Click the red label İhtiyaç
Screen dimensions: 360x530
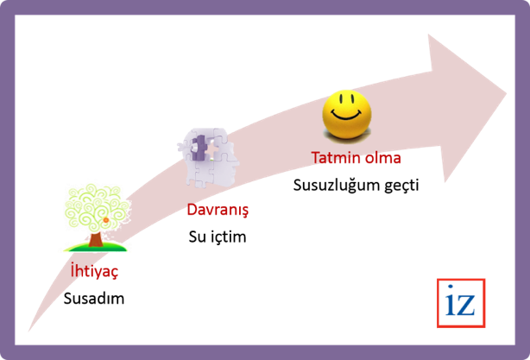94,270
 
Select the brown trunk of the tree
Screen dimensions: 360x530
96,237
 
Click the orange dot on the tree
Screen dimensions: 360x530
105,220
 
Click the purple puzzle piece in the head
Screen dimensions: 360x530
200,148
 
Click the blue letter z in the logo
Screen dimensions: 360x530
470,305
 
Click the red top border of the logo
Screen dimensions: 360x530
462,280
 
